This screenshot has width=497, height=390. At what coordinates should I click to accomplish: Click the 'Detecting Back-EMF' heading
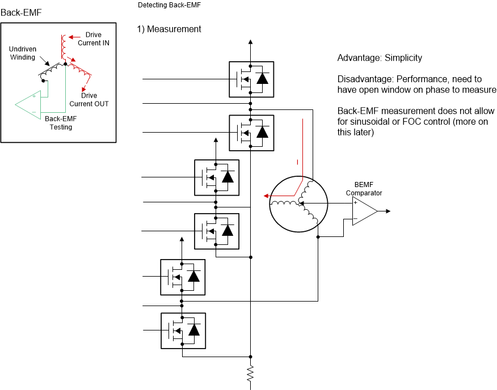point(170,5)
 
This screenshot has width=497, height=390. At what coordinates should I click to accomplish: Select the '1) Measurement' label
point(169,29)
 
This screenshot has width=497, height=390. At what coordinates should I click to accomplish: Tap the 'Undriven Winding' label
point(23,53)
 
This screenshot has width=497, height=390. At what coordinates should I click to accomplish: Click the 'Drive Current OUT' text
point(89,100)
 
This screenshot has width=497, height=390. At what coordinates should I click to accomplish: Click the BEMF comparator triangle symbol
point(363,211)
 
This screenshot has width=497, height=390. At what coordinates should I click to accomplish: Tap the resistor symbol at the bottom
point(250,373)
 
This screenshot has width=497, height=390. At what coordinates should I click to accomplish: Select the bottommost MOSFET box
point(183,330)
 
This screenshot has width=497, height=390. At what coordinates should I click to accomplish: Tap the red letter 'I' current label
point(297,163)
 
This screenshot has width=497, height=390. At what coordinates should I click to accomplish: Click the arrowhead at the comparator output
point(388,211)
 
